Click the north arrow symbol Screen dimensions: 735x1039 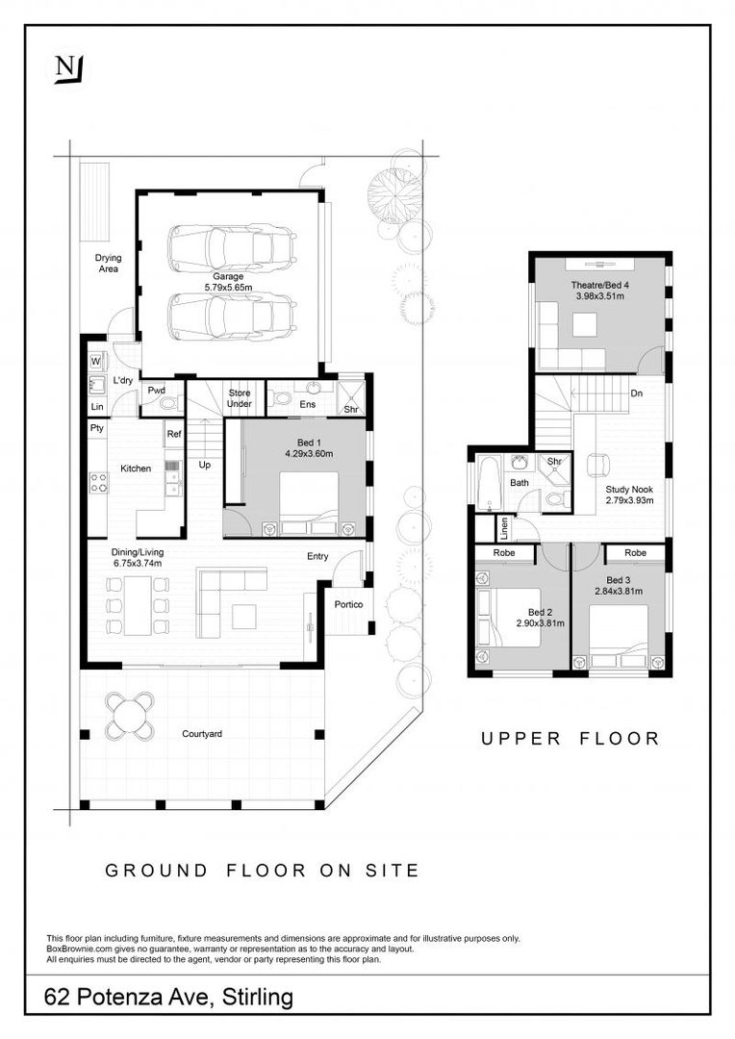click(x=69, y=69)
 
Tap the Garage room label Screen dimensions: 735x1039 click(x=228, y=276)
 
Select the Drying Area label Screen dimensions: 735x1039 click(x=108, y=264)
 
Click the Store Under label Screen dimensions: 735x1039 click(x=240, y=398)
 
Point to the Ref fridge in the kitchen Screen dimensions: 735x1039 click(x=173, y=434)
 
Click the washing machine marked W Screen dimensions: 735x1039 click(x=95, y=361)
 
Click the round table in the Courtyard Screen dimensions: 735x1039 click(x=131, y=715)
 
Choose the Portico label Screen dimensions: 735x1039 click(x=348, y=604)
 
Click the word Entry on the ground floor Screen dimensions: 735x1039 click(x=317, y=557)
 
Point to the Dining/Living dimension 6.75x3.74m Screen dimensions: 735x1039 click(x=137, y=563)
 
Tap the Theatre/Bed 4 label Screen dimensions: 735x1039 click(x=599, y=286)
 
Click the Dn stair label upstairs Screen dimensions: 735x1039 click(x=636, y=393)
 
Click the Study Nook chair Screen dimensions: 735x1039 click(x=598, y=465)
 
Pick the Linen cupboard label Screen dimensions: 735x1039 click(x=505, y=527)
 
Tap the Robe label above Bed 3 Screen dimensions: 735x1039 click(x=636, y=552)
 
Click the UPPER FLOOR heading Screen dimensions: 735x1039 click(x=570, y=738)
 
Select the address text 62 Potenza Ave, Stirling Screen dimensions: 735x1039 click(x=168, y=997)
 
